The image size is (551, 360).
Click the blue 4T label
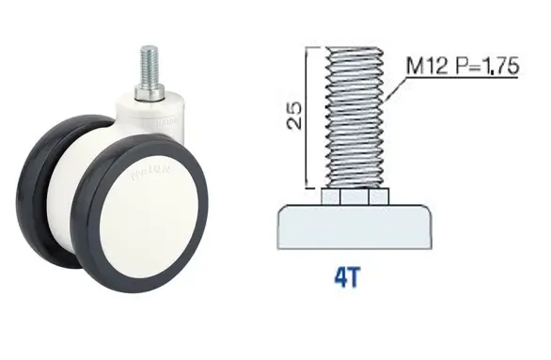(x=347, y=277)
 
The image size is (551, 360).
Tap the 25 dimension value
(x=294, y=116)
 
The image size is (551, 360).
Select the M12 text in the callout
(x=427, y=66)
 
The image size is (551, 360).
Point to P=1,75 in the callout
(x=488, y=66)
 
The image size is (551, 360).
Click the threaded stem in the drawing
(x=354, y=117)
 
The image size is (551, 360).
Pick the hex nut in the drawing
(x=354, y=196)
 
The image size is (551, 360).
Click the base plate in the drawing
(x=354, y=227)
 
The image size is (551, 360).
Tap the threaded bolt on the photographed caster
(x=149, y=66)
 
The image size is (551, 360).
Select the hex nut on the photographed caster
(x=149, y=93)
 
